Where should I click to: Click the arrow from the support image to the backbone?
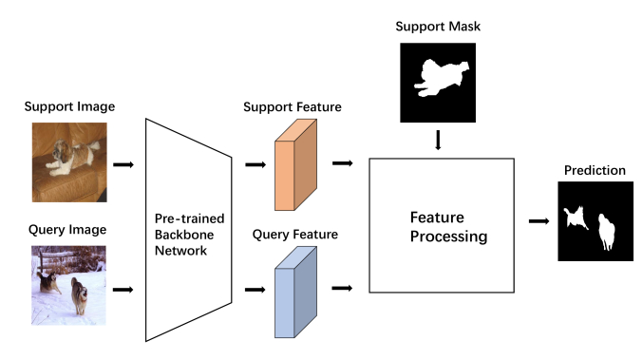[123, 164]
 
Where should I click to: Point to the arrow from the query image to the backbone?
[123, 288]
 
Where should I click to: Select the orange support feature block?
[294, 163]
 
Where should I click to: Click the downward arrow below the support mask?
[438, 141]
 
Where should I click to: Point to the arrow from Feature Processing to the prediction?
[539, 221]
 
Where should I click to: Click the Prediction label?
[595, 171]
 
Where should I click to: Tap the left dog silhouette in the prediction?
[576, 218]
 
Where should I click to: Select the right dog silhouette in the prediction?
[608, 234]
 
